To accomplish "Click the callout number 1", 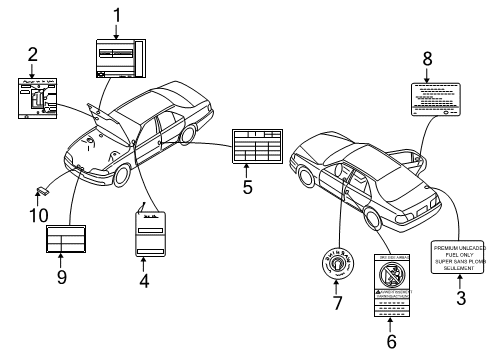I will tap(117, 14).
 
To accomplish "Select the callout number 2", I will tap(32, 55).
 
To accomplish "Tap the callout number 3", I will tap(460, 298).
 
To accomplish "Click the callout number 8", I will tap(427, 60).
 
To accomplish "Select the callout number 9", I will tap(61, 277).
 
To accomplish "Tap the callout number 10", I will tap(42, 212).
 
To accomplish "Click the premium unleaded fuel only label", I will tap(459, 257).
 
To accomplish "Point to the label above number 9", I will tap(67, 241).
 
